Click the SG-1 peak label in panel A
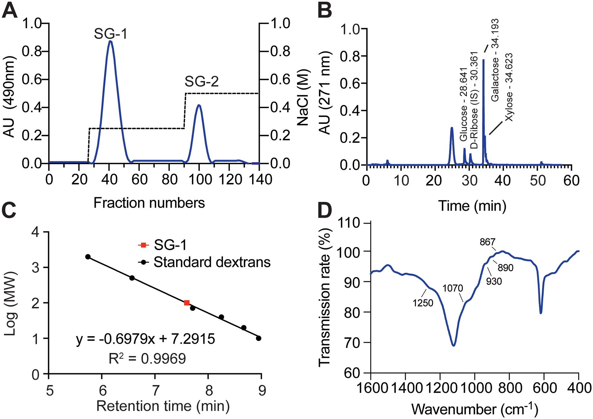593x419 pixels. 111,34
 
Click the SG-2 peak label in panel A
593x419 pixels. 201,82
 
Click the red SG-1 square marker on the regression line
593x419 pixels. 187,303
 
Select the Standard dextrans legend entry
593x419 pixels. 212,262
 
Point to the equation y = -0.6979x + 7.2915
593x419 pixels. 145,339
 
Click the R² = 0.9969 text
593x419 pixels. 147,358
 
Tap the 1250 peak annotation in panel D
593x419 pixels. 423,303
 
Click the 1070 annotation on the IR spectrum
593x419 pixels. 452,288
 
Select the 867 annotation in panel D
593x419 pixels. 487,242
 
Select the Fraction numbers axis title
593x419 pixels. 149,203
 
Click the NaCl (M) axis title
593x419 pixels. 303,97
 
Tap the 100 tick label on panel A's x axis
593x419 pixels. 200,179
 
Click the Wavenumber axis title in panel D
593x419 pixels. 475,409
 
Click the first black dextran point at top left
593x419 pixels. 88,257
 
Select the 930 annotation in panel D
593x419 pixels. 494,281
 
